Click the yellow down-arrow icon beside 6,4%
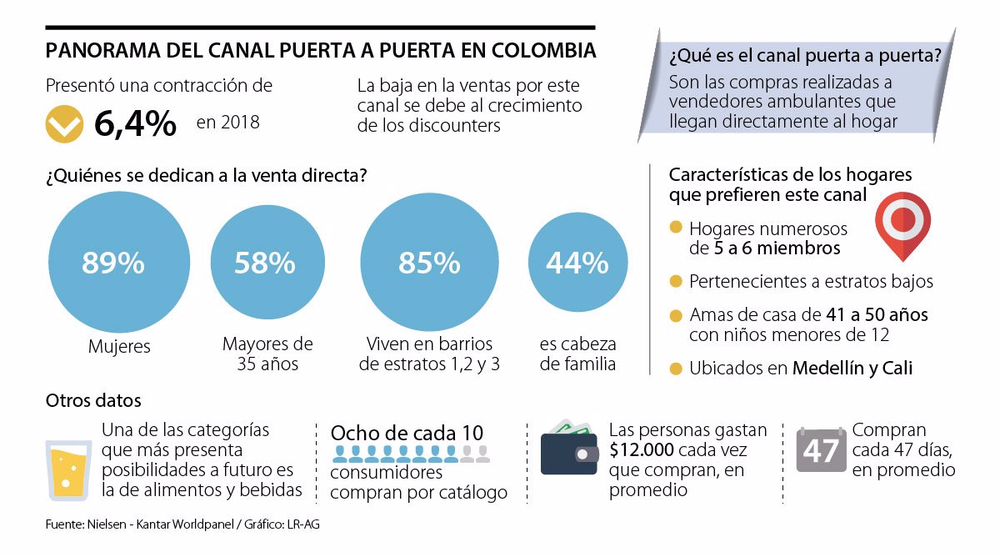[x=64, y=123]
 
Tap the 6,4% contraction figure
[x=135, y=123]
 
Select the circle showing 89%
[x=113, y=263]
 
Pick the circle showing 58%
[x=265, y=263]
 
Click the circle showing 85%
[x=429, y=263]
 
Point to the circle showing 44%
[x=577, y=263]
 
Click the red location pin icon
[x=902, y=223]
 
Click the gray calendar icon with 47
[x=821, y=450]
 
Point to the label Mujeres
[x=119, y=346]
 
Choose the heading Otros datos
[x=93, y=400]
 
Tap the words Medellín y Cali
[x=852, y=368]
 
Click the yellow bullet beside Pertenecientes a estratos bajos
[x=675, y=281]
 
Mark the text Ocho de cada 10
[x=407, y=434]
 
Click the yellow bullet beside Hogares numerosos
[x=675, y=228]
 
